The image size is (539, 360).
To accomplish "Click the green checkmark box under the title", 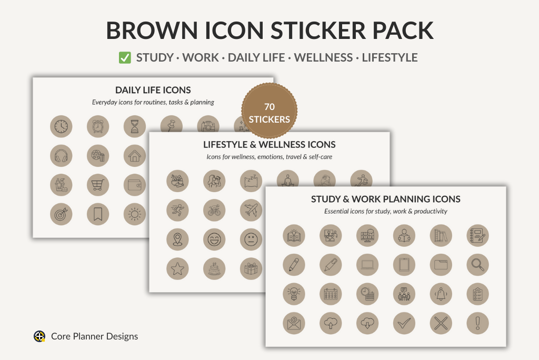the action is click(x=125, y=57).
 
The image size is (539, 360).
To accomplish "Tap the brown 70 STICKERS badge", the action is click(x=269, y=111).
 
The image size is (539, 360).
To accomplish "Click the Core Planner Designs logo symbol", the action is click(x=39, y=336).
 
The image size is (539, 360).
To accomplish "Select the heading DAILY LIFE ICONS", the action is click(x=153, y=90).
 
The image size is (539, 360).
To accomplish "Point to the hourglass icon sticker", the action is click(x=135, y=126).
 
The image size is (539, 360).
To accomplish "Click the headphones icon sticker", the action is click(x=61, y=156).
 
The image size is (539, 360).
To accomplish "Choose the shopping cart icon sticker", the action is click(x=98, y=185).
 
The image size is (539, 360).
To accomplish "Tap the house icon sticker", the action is click(x=135, y=156).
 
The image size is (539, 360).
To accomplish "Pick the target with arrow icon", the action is click(x=61, y=214).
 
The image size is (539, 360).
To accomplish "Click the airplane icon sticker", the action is click(x=251, y=210).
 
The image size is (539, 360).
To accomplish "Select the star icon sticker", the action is click(x=178, y=268).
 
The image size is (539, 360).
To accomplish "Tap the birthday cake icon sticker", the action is click(x=215, y=268).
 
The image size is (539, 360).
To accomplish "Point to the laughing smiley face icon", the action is click(x=215, y=239).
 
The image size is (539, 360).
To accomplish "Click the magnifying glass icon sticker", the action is click(x=478, y=265).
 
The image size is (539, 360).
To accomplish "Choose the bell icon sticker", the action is click(x=441, y=294).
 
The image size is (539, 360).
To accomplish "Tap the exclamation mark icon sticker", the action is click(x=478, y=323).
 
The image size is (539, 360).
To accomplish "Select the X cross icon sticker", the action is click(x=441, y=323).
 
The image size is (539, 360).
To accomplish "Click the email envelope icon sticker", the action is click(x=294, y=323).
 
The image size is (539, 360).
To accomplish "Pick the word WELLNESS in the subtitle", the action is click(x=324, y=57).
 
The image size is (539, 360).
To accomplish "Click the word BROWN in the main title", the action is click(x=152, y=31).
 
